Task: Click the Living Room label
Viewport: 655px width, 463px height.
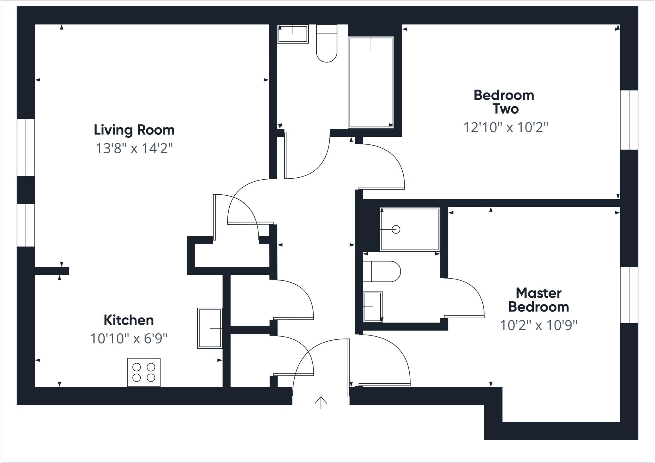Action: [134, 130]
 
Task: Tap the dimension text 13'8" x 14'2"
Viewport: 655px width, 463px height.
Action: [134, 148]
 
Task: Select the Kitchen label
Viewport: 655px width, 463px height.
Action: [129, 320]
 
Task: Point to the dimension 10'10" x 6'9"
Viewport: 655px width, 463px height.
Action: [129, 338]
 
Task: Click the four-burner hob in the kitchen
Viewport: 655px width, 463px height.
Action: [144, 372]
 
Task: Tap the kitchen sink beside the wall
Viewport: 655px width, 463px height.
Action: [210, 328]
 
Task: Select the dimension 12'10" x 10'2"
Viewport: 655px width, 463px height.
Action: [506, 127]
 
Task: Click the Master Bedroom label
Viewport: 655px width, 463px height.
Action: [539, 300]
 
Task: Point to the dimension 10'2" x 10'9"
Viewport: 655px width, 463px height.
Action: [539, 325]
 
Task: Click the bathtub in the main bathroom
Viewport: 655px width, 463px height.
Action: [371, 83]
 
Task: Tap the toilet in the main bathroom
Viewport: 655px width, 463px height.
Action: [327, 44]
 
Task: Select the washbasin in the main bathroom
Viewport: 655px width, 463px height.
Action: [293, 34]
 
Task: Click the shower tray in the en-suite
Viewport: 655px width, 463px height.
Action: [410, 229]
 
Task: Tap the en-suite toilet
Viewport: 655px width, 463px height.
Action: [382, 272]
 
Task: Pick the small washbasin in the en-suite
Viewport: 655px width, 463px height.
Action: [373, 306]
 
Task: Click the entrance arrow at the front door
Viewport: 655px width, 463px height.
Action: [321, 402]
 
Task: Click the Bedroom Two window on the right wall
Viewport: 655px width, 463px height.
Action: [629, 120]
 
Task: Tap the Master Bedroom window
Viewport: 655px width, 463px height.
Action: [629, 295]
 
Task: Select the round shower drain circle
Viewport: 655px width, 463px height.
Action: [396, 229]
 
